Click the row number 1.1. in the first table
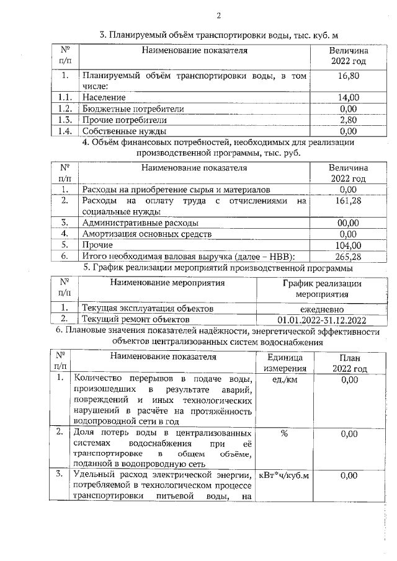pyautogui.click(x=65, y=97)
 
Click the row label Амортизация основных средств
pyautogui.click(x=146, y=234)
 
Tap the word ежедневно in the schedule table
pyautogui.click(x=321, y=309)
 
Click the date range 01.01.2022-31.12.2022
pyautogui.click(x=321, y=320)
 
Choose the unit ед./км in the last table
pyautogui.click(x=283, y=379)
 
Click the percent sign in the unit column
pyautogui.click(x=283, y=433)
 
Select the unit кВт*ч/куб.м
pyautogui.click(x=283, y=475)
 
